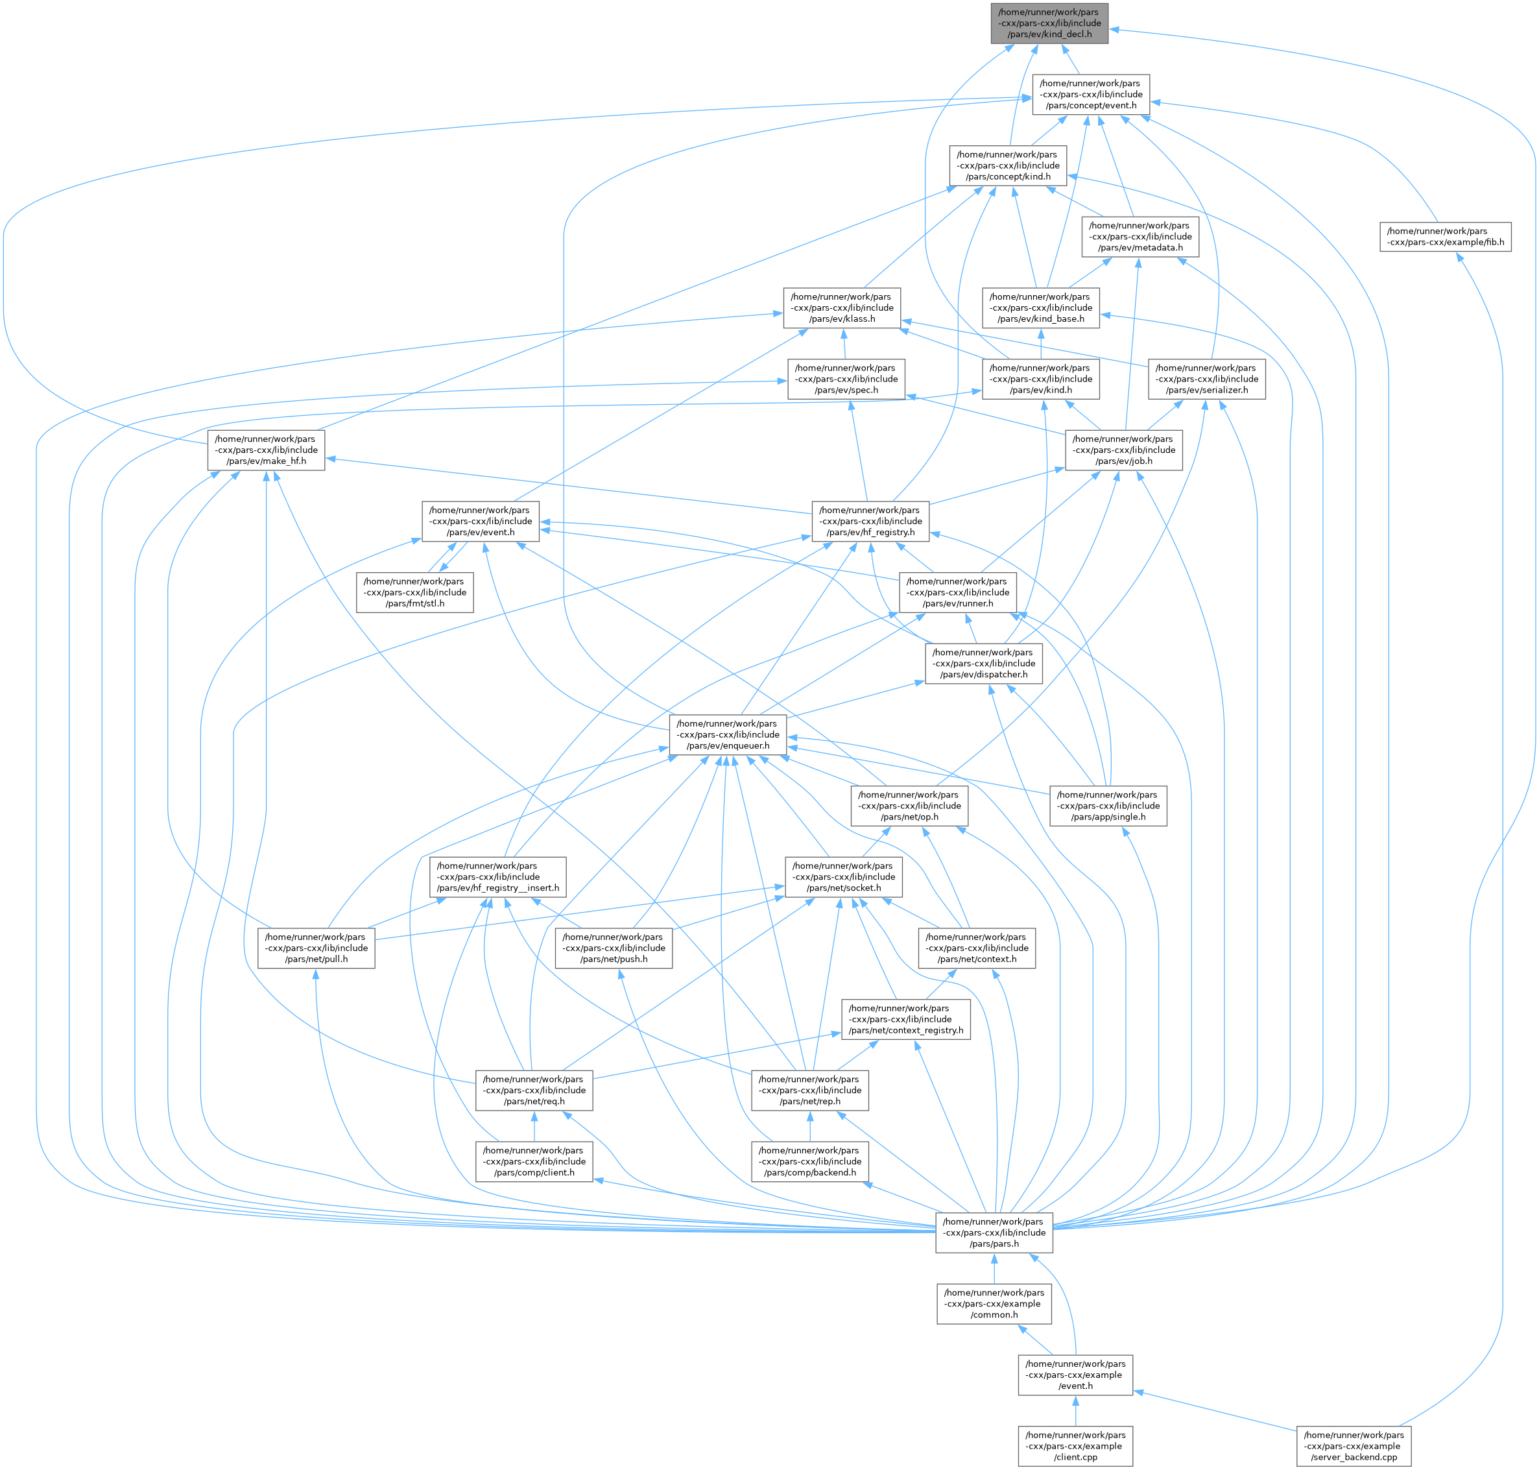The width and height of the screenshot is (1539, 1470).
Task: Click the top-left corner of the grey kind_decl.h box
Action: point(992,4)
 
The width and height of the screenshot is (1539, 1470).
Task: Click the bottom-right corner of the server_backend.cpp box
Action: point(1411,1466)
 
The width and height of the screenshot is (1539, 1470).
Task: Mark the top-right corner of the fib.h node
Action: point(1512,223)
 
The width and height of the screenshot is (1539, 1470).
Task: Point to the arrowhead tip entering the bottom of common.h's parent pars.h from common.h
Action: point(994,1254)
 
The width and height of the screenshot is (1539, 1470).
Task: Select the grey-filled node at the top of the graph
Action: point(1049,23)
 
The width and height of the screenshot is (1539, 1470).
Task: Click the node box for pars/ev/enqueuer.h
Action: point(728,735)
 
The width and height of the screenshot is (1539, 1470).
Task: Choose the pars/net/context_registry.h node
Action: point(906,1019)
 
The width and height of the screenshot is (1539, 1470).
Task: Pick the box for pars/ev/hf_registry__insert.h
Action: point(498,877)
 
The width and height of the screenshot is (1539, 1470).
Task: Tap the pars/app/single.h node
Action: point(1108,806)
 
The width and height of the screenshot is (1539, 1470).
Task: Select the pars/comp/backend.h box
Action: point(810,1161)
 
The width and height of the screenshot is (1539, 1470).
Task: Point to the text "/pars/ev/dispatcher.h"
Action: point(984,675)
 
